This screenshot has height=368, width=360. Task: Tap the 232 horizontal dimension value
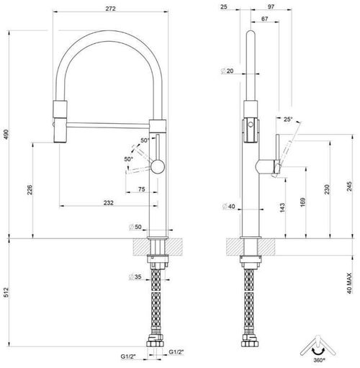point(107,203)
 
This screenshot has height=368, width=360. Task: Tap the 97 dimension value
point(280,7)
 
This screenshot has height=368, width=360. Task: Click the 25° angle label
point(288,120)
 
